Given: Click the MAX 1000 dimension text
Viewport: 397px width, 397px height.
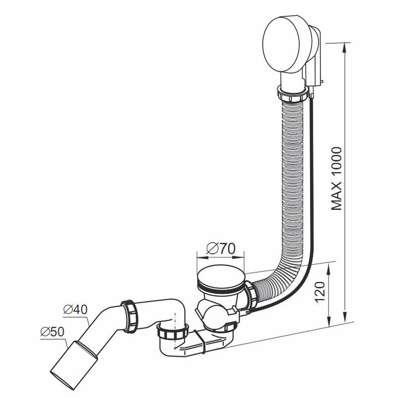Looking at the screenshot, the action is pos(336,179).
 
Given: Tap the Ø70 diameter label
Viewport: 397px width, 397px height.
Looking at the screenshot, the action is pos(221,249).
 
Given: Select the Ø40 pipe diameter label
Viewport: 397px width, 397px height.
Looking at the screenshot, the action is pos(75,309).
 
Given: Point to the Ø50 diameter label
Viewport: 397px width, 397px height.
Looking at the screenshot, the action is pos(53,331).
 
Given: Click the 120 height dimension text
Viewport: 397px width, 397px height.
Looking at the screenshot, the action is pos(320,292).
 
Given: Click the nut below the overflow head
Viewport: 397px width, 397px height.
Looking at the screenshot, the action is pos(293,95).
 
